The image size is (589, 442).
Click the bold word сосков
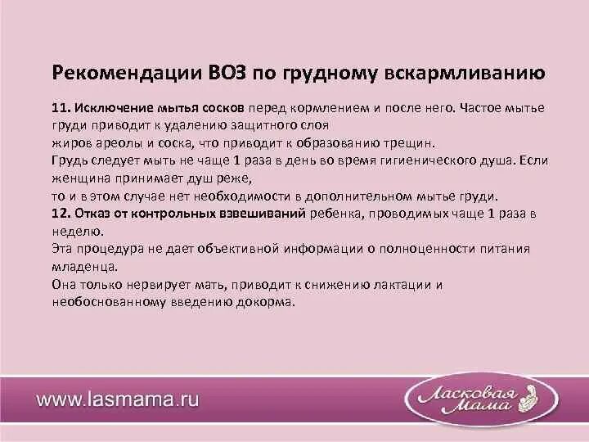(x=226, y=108)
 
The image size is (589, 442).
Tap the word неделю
(x=74, y=230)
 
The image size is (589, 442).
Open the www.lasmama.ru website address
(x=118, y=401)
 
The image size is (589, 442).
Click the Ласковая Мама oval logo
(x=472, y=399)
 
